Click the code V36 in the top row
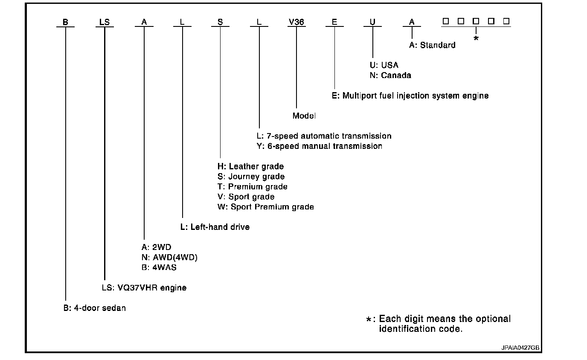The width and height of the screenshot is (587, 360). pyautogui.click(x=296, y=22)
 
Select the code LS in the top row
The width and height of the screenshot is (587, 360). pyautogui.click(x=105, y=22)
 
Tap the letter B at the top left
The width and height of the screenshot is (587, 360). pyautogui.click(x=65, y=22)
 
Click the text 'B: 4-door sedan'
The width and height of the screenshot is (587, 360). pyautogui.click(x=95, y=308)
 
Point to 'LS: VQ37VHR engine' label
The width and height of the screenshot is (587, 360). pyautogui.click(x=144, y=288)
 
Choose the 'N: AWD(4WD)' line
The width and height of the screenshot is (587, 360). pyautogui.click(x=169, y=257)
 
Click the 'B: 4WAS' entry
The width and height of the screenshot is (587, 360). pyautogui.click(x=159, y=267)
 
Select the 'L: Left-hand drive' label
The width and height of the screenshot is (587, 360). pyautogui.click(x=215, y=227)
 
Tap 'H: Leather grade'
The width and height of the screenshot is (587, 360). pyautogui.click(x=250, y=166)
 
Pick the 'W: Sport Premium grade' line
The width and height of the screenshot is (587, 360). pyautogui.click(x=265, y=207)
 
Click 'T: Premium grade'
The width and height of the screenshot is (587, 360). pyautogui.click(x=252, y=187)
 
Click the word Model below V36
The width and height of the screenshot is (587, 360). pyautogui.click(x=304, y=116)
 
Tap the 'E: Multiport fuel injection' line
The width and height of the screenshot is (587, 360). pyautogui.click(x=410, y=96)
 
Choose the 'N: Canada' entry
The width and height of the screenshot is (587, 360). pyautogui.click(x=390, y=75)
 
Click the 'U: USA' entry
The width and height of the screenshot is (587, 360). pyautogui.click(x=384, y=65)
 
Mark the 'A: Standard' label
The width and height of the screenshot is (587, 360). pyautogui.click(x=432, y=45)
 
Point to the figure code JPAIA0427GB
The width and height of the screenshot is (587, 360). pyautogui.click(x=520, y=348)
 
